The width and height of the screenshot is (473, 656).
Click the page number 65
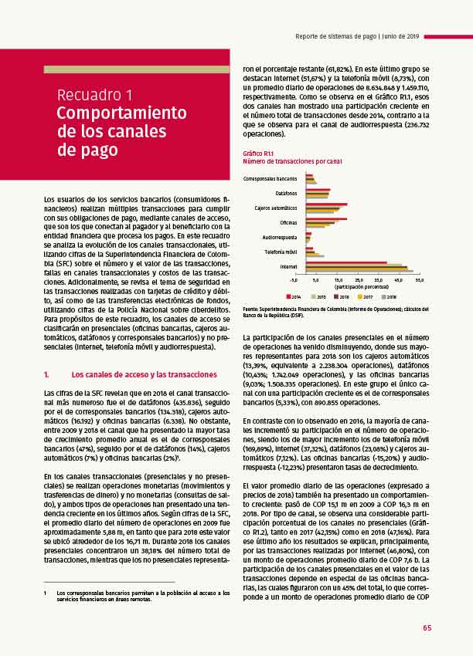point(427,627)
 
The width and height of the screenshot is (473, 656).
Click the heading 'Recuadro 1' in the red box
point(94,95)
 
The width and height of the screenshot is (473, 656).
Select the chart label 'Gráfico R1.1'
point(258,154)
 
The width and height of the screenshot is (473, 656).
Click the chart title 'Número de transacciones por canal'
point(292,161)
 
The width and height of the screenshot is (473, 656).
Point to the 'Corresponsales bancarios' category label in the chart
point(271,178)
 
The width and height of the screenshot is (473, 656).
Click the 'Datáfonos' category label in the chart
point(285,193)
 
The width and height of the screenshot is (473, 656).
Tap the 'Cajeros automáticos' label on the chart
point(276,208)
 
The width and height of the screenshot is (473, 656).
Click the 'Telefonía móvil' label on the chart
point(281,252)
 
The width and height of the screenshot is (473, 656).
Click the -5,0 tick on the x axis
point(293,279)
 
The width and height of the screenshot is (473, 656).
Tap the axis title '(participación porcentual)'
point(343,286)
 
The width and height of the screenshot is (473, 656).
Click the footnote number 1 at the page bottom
point(46,571)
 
